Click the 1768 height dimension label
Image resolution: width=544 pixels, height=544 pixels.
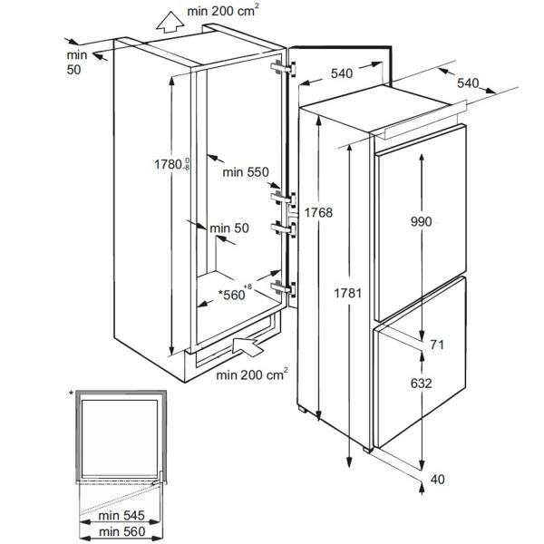coord(318,212)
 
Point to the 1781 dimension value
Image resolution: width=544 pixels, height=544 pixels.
coord(347,294)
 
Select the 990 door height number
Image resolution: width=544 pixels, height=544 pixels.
coord(422,222)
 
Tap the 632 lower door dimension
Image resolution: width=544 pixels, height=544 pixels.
coord(422,384)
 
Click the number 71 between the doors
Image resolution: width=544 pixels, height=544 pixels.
coord(437,345)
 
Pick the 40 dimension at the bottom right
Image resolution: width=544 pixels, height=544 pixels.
coord(437,479)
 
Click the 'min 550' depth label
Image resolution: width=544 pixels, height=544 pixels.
coord(246,172)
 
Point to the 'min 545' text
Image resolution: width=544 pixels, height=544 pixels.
coord(121,516)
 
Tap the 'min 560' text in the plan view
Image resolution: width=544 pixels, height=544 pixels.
coord(122,531)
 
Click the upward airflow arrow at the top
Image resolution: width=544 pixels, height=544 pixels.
coord(170,22)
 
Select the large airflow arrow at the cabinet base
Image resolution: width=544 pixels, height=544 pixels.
coord(248,345)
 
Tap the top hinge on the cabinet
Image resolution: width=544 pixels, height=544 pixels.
coord(284,68)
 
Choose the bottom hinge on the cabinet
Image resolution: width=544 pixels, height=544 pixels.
coord(284,288)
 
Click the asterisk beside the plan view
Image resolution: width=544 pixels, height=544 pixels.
coord(71,393)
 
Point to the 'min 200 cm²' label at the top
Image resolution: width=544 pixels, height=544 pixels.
coord(223,10)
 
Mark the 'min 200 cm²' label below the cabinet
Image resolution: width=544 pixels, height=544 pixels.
coord(252,374)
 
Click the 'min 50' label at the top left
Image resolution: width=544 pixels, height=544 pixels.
coord(77,63)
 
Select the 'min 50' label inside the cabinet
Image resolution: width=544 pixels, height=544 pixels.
coord(229,228)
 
